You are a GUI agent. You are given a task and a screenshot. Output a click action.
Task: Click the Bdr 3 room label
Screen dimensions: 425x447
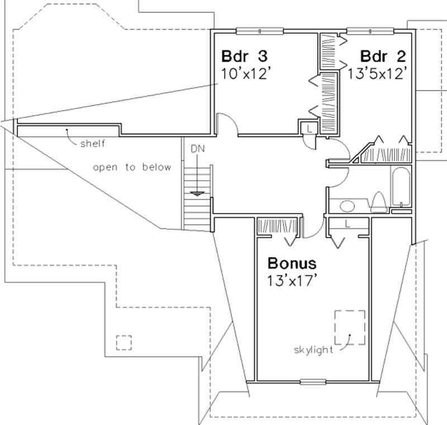pos(245,56)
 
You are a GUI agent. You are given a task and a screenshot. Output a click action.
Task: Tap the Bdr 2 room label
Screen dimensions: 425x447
pos(383,56)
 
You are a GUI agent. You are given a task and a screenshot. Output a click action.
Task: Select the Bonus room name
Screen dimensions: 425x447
pos(292,263)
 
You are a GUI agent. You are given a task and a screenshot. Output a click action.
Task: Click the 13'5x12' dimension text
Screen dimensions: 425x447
pos(376,73)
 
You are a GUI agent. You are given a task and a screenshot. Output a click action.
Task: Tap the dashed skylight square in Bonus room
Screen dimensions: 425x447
pos(350,327)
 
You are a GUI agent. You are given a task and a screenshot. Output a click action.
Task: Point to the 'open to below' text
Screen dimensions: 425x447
pos(132,167)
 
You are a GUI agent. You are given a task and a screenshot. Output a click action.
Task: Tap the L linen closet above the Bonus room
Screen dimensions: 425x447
pos(348,224)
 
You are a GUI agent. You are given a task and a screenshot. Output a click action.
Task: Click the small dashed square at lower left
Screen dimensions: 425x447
pos(123,342)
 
